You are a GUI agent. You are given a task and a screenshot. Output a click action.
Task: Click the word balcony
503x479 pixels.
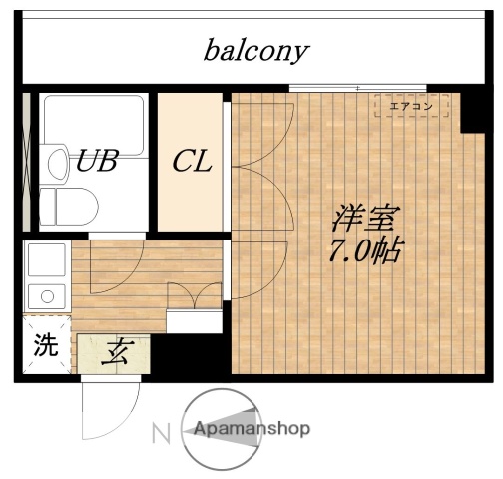pos(256,50)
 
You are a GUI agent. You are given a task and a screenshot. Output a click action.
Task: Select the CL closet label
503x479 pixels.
pos(191,161)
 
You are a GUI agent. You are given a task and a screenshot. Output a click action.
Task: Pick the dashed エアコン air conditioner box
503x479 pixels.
pos(411,105)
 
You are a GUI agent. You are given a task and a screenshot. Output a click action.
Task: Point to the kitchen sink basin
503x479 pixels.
pos(45,262)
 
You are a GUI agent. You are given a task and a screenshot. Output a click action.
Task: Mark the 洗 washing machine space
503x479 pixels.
pos(46,349)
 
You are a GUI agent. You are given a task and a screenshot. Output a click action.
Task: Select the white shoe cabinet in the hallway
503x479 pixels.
pos(194,322)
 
